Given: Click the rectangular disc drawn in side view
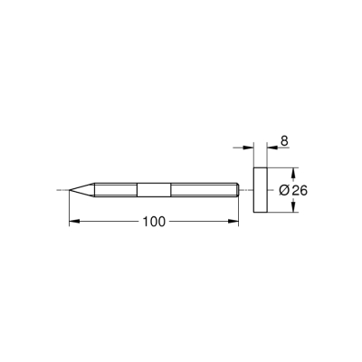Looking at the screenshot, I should point(259,189).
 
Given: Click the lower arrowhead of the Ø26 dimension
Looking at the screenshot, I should point(296,208).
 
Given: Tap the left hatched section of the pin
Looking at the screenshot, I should point(113,189).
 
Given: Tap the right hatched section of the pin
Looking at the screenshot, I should point(201,189).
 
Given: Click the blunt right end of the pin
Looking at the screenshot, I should point(237,189).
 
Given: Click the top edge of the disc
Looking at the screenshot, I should point(259,167).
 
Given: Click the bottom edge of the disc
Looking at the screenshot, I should point(259,211).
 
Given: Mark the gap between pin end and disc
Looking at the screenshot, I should point(245,189).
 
